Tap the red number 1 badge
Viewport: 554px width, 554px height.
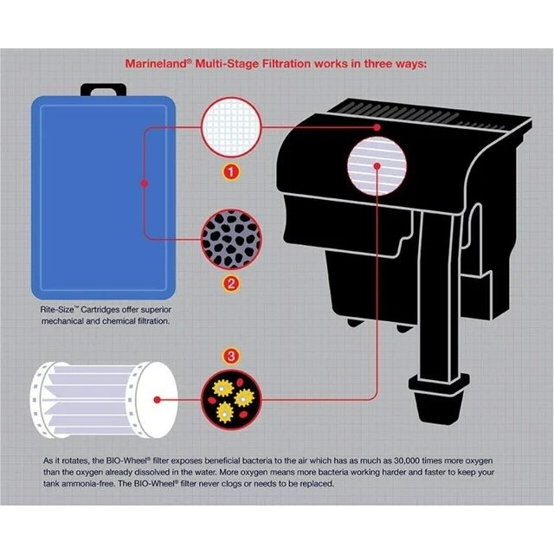(230, 171)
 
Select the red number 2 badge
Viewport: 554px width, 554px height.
(230, 283)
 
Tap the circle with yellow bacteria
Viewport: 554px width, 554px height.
(230, 398)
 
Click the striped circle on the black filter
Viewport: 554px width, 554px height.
(375, 169)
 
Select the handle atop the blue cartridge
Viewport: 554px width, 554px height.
(101, 89)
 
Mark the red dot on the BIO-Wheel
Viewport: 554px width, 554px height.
(154, 400)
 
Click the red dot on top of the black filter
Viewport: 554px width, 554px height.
(378, 127)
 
